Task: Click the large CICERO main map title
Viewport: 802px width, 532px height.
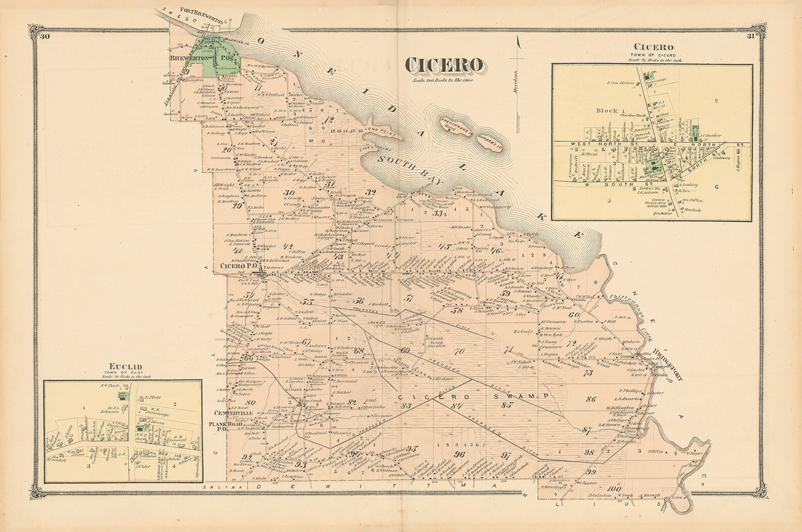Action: pos(444,65)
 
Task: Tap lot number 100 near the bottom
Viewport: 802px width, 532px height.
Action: pos(614,488)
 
